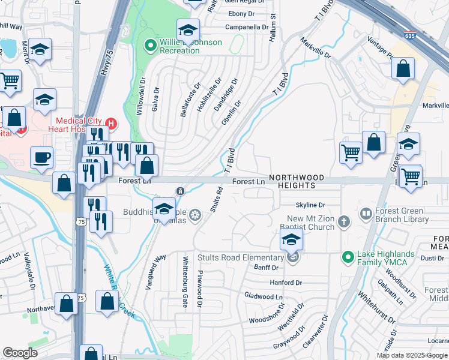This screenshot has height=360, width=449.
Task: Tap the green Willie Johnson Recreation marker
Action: [x=150, y=45]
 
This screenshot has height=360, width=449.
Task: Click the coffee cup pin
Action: [x=42, y=158]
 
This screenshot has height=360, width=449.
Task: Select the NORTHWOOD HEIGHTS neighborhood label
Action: [x=297, y=182]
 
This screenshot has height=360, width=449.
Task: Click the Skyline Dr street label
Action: [x=310, y=205]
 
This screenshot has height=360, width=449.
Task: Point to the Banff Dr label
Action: [x=267, y=268]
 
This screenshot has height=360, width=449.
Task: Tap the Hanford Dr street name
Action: [x=285, y=282]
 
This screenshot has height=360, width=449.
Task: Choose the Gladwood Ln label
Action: [x=263, y=296]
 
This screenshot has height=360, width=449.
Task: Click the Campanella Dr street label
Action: [x=246, y=27]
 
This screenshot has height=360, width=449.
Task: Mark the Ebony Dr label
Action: [x=241, y=14]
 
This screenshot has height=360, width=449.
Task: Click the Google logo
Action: [x=20, y=353]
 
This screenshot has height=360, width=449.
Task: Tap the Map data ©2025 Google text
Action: [x=412, y=355]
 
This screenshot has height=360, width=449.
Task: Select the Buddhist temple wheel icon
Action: [x=194, y=215]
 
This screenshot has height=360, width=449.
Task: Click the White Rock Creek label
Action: [x=117, y=282]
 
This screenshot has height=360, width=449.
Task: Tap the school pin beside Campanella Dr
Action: [x=188, y=30]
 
